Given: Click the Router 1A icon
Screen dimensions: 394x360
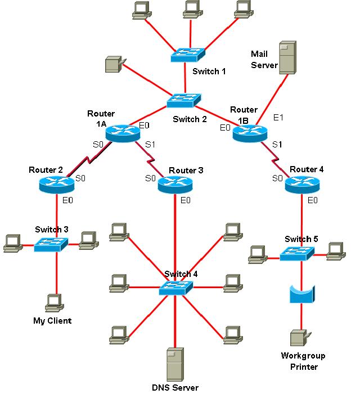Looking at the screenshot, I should pos(122,132).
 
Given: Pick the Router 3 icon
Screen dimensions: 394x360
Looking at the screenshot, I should pos(175,185).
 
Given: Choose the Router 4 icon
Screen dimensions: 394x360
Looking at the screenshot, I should pos(301,185).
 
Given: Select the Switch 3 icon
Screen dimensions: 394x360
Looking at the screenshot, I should pos(51,244).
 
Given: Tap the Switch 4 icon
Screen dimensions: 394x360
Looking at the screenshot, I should pos(175,289).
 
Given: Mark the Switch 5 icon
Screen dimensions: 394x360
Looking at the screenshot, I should pos(296,253).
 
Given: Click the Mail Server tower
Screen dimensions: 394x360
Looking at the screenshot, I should pos(287,57).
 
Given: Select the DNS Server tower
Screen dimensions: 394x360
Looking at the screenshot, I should pos(175,365).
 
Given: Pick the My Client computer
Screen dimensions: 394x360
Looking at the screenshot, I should pos(53,303).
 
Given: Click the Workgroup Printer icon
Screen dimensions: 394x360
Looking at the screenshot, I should pos(298,338).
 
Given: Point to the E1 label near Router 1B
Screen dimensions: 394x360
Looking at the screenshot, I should pos(278,117).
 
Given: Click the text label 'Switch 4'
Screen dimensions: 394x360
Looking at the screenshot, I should pos(181,274).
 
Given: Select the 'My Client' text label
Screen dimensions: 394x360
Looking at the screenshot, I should pos(52,321).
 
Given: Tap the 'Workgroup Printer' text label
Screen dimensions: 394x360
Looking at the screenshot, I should pos(303,361).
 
